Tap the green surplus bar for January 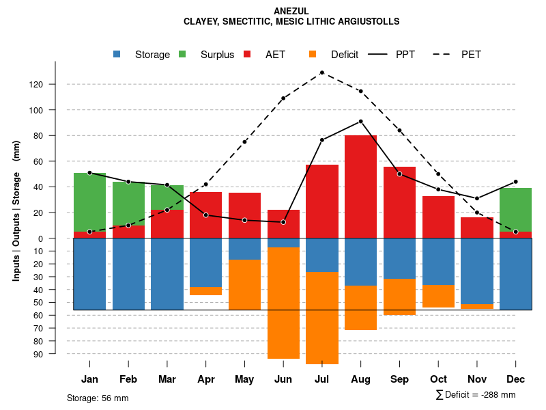click(89, 202)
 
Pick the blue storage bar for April click(205, 262)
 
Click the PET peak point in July click(321, 72)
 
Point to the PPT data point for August click(360, 122)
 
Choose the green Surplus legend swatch click(182, 55)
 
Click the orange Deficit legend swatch click(313, 55)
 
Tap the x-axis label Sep click(399, 379)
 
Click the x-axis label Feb click(128, 379)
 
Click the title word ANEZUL click(291, 12)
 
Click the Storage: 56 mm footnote click(98, 398)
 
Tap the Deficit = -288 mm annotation click(476, 395)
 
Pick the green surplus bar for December click(515, 210)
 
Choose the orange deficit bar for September click(399, 297)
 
